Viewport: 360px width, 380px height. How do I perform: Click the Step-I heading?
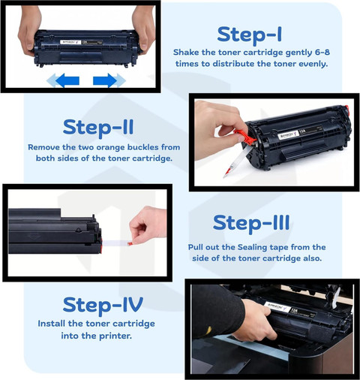(250, 35)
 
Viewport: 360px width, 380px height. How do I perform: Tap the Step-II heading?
(98, 128)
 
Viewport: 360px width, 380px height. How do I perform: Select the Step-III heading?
(251, 224)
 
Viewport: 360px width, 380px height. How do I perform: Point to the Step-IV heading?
(103, 305)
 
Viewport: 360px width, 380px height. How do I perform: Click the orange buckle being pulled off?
(245, 137)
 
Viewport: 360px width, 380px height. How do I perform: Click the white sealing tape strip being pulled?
(115, 243)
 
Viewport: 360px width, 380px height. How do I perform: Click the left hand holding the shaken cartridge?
(29, 28)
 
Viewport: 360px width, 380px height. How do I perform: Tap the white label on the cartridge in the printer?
(278, 308)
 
